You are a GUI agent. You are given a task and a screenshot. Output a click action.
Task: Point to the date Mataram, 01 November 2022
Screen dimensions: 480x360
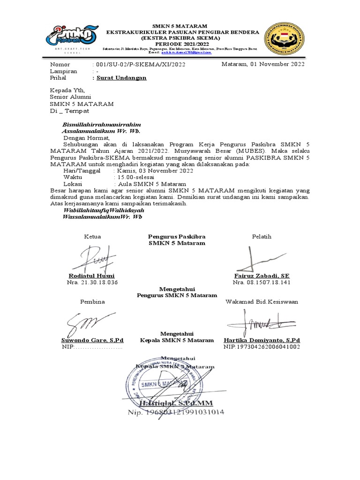coord(263,64)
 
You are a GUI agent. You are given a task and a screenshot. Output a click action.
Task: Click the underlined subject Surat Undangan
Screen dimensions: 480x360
coord(121,78)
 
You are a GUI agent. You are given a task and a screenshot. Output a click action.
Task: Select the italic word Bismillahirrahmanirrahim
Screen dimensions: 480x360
coord(102,125)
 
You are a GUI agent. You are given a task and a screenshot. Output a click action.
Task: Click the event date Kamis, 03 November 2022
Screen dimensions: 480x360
coord(153,171)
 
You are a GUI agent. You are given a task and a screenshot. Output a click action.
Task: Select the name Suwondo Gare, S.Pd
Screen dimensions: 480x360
coord(92,340)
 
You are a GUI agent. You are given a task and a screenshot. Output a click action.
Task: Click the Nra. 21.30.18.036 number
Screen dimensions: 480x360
coord(92,283)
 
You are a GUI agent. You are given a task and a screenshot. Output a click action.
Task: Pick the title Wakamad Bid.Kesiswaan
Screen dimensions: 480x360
coord(262,301)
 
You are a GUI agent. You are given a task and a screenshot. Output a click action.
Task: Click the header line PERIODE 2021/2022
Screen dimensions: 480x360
coord(180,43)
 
